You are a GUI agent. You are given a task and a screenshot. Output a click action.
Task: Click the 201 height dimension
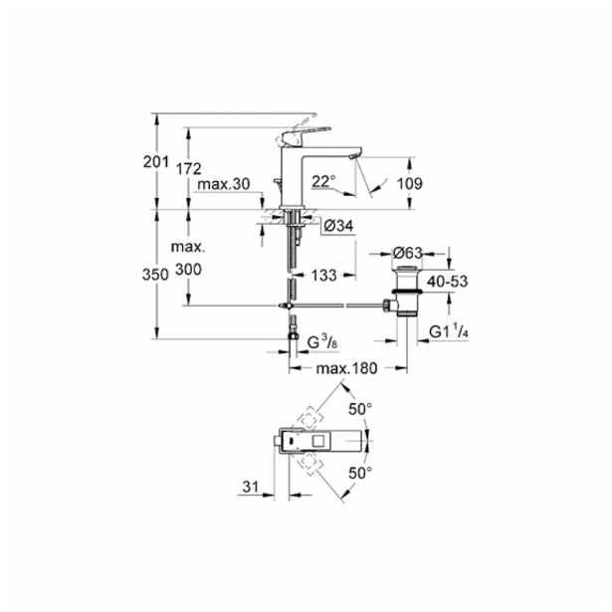click(x=155, y=162)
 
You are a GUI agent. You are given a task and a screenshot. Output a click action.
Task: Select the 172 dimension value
click(x=188, y=169)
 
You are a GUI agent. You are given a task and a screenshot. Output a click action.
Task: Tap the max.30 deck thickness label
click(x=223, y=184)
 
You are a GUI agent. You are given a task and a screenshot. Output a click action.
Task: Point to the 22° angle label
click(x=323, y=181)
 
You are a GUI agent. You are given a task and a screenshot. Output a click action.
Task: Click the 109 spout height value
click(x=409, y=183)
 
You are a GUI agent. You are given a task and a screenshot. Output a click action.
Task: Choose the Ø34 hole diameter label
click(x=338, y=226)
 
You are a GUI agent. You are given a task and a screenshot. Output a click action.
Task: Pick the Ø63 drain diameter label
click(x=407, y=253)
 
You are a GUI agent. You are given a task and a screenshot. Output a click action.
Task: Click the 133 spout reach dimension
click(x=324, y=276)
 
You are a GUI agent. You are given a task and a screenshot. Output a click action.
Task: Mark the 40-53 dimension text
click(x=447, y=282)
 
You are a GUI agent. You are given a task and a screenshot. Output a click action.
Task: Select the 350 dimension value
click(x=155, y=275)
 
